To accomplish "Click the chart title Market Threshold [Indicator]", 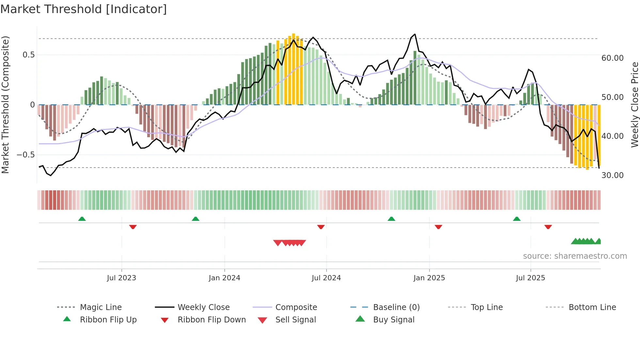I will pos(84,9).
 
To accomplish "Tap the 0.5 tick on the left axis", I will pos(29,55).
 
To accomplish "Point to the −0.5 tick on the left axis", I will pos(26,155).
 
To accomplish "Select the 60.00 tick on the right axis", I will pos(613,58).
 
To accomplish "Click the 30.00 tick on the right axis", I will pos(613,175).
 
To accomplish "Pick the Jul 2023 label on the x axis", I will pos(121,278).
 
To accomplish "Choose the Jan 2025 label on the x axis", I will pos(429,278).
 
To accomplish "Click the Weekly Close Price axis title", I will pos(634,105).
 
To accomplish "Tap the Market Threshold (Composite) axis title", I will pos(5,105).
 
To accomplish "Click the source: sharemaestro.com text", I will pos(575,256).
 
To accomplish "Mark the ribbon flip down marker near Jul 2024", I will pos(321,227).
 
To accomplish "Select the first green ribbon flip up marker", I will pos(82,219).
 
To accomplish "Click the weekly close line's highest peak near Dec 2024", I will pos(415,34).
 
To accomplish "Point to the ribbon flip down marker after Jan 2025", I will pos(438,227).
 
